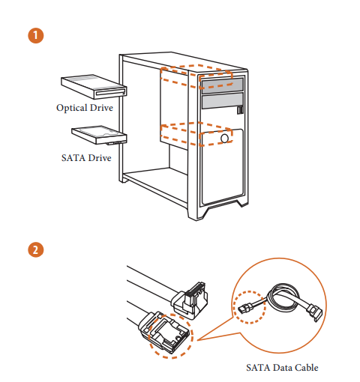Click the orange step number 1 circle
[35, 35]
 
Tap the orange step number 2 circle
[35, 249]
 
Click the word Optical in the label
[72, 108]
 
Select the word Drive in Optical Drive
[101, 108]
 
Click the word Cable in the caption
[306, 368]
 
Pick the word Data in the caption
[282, 368]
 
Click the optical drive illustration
[94, 87]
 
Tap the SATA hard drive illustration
[99, 135]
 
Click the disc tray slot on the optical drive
[110, 93]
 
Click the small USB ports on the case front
[240, 110]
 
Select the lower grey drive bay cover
[222, 100]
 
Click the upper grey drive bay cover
[222, 85]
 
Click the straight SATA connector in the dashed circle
[163, 332]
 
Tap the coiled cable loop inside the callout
[283, 297]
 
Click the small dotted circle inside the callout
[249, 307]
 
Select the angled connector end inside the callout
[314, 312]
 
